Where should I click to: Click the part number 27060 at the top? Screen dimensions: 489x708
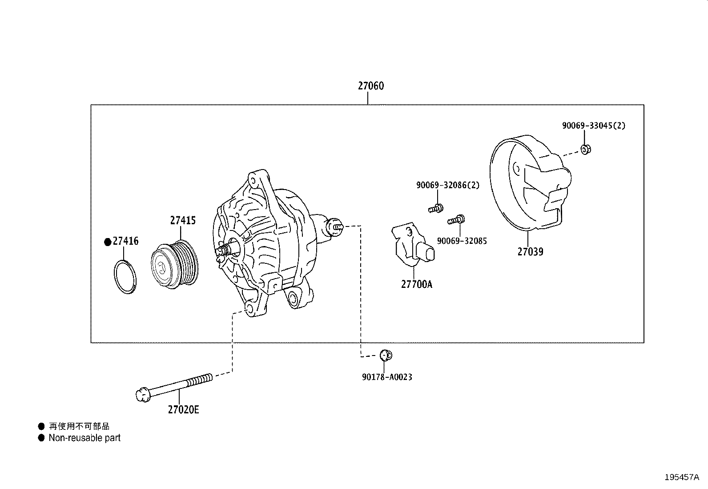370,86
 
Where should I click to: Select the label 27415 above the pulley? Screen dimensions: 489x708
182,220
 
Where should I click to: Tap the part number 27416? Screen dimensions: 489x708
125,241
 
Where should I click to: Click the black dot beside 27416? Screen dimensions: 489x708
107,242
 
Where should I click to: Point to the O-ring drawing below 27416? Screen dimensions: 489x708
125,277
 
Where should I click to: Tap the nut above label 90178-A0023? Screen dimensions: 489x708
386,355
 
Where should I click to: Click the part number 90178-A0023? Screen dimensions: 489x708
386,377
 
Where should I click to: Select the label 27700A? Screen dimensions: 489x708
416,284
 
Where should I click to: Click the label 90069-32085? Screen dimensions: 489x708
462,241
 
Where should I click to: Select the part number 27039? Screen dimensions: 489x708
530,252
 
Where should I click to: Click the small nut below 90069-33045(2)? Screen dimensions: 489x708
586,149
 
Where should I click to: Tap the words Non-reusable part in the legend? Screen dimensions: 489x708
84,438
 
